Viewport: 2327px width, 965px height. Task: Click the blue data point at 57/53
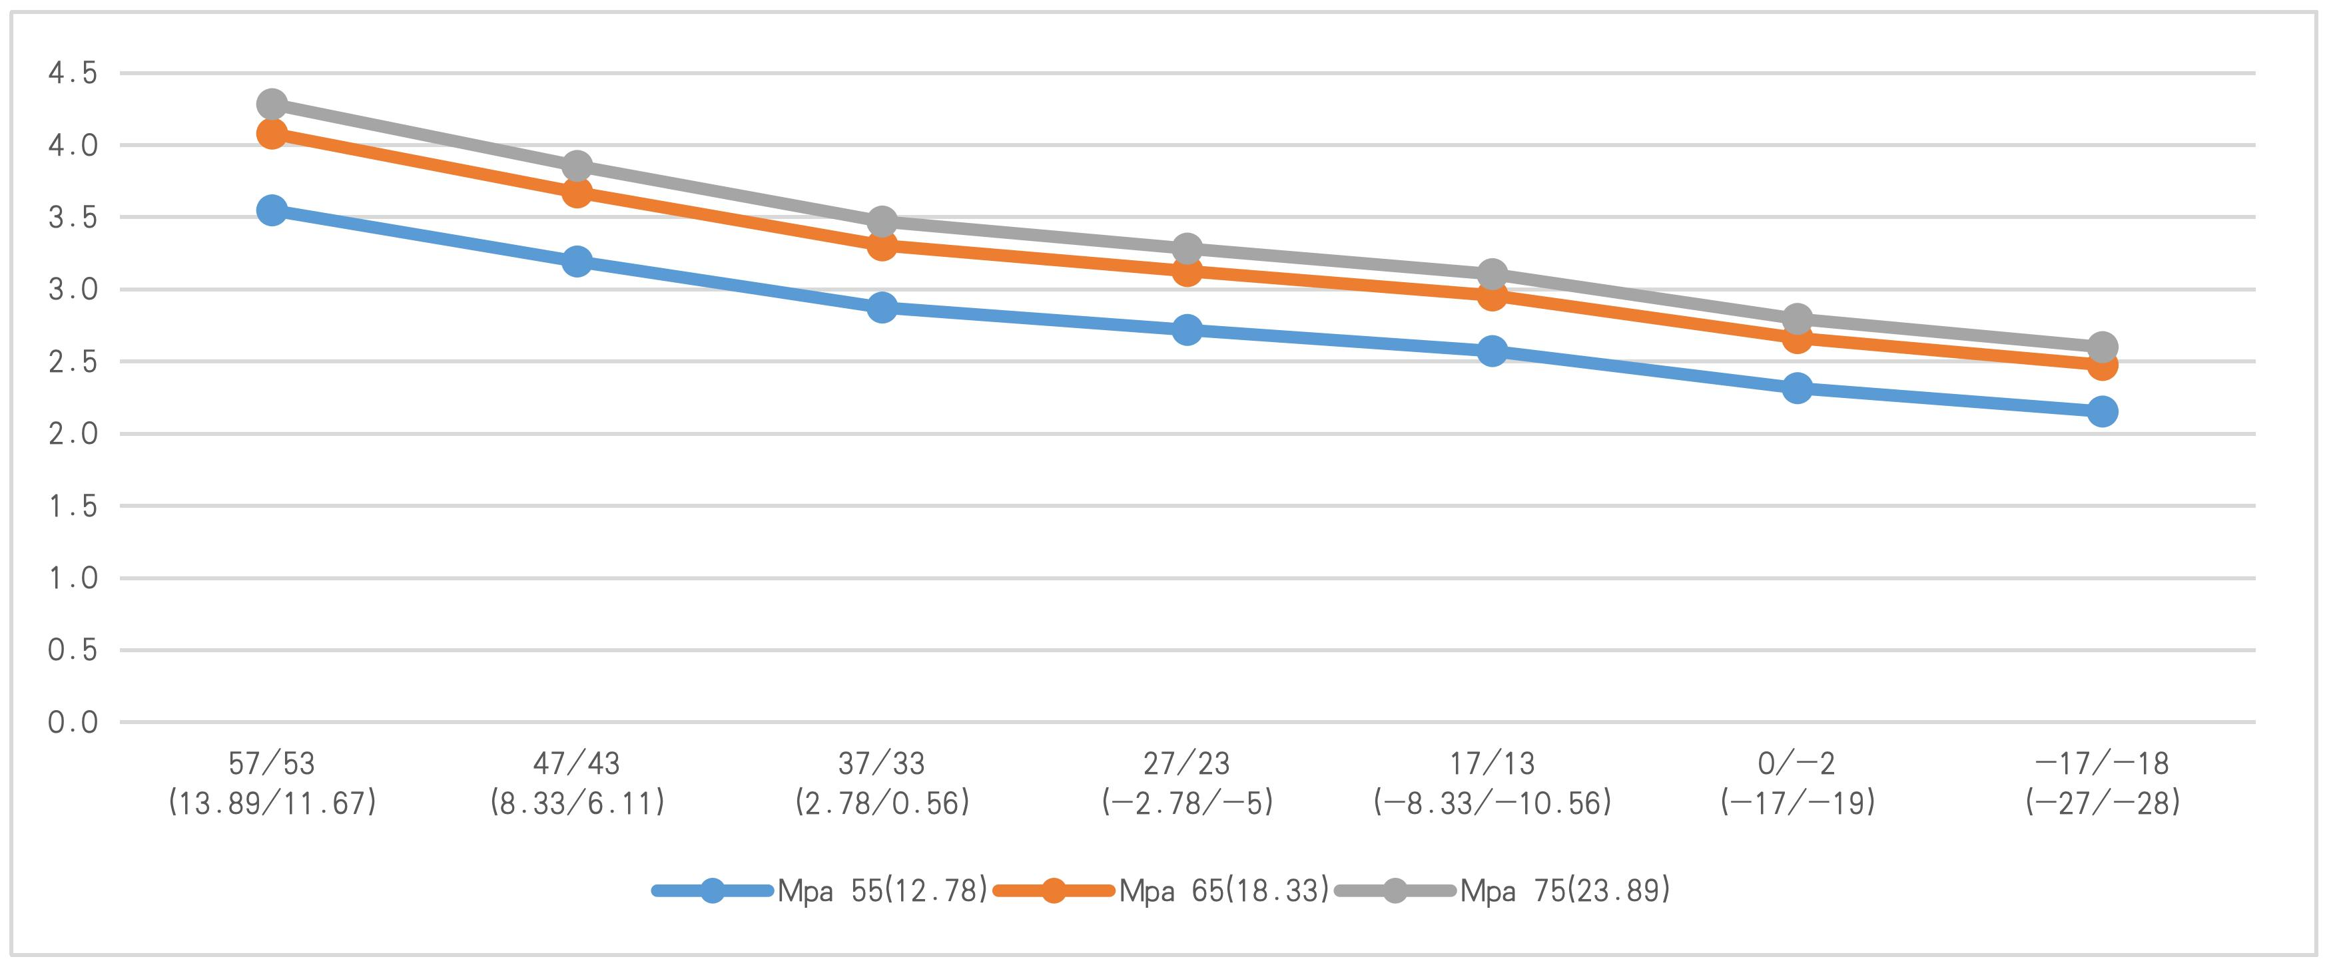coord(272,211)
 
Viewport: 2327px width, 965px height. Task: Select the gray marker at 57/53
coord(272,104)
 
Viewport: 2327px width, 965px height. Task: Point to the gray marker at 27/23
coord(1187,248)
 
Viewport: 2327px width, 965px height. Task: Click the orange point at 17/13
coord(1493,295)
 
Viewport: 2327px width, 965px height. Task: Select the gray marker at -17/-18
coord(2102,347)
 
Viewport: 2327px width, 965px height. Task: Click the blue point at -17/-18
coord(2102,412)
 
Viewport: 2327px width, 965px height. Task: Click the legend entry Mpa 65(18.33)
coord(1223,891)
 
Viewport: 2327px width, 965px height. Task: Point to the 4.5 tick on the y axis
coord(73,73)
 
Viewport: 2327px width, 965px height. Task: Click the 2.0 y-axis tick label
coord(73,434)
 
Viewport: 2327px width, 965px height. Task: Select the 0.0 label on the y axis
coord(73,722)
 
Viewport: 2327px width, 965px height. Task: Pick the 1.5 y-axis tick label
coord(73,506)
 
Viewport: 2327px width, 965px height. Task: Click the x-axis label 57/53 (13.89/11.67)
coord(272,783)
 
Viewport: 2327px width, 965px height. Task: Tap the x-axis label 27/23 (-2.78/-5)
coord(1187,783)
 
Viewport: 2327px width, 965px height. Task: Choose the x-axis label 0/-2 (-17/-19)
coord(1798,783)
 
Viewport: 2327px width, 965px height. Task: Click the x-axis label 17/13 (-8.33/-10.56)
coord(1493,783)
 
